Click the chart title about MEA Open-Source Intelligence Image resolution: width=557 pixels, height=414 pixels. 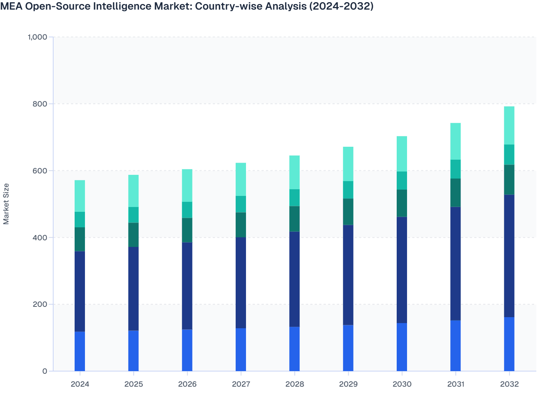point(187,6)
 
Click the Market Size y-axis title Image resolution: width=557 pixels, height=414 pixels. point(6,204)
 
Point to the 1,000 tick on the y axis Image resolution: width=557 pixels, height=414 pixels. point(37,37)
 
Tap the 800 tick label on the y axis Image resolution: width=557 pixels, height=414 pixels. point(40,104)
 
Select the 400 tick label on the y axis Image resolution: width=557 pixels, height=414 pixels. point(40,238)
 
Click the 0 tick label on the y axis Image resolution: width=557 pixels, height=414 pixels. point(45,371)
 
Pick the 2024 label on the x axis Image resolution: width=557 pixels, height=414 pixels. point(80,384)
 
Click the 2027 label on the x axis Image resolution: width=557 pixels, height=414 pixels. point(241,384)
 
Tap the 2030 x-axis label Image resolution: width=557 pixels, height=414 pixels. point(402,384)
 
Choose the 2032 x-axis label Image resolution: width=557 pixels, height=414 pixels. point(509,384)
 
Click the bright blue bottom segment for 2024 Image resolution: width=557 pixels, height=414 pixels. point(80,351)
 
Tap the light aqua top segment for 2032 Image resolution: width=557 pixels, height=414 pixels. point(509,125)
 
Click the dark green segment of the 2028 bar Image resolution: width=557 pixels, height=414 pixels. point(294,219)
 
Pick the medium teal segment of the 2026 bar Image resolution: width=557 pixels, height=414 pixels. point(187,210)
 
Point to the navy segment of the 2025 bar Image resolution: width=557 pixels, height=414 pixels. point(133,289)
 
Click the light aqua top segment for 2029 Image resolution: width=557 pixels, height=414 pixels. point(348,164)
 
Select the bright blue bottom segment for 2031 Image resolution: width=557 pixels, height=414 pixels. point(455,346)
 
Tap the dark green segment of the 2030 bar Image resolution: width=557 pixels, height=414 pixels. point(402,203)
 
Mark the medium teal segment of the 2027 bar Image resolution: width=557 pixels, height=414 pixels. point(241,204)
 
